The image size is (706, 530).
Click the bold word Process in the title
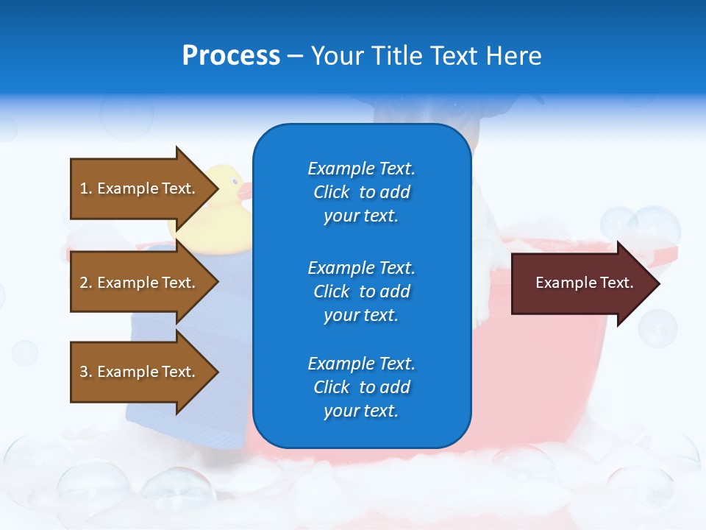pyautogui.click(x=231, y=56)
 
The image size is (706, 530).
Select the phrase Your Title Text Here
pyautogui.click(x=426, y=56)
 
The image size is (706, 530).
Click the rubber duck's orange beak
pyautogui.click(x=243, y=191)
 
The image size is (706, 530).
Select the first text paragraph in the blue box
pyautogui.click(x=361, y=192)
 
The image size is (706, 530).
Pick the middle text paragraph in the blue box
pyautogui.click(x=361, y=291)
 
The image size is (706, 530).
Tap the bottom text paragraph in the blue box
pyautogui.click(x=361, y=387)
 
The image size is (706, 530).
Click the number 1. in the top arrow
pyautogui.click(x=86, y=188)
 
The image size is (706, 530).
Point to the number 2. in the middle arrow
pyautogui.click(x=86, y=283)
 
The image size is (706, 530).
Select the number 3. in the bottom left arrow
pyautogui.click(x=86, y=372)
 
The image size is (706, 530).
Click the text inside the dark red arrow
pyautogui.click(x=585, y=283)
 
